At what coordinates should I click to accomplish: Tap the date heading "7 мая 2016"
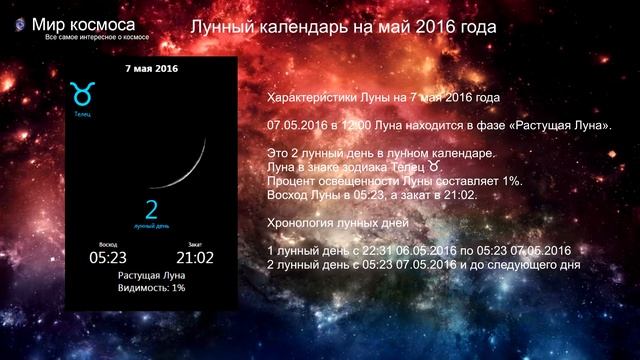(x=152, y=69)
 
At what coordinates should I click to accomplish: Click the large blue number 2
(x=152, y=210)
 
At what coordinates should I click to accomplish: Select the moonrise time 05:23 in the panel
(x=106, y=257)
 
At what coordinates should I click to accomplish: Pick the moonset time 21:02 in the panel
(x=194, y=257)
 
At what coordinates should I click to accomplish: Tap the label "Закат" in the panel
(x=194, y=244)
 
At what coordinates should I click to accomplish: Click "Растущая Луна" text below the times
(x=150, y=274)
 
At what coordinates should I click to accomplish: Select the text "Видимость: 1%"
(x=150, y=288)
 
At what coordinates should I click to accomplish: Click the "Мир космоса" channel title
(x=84, y=23)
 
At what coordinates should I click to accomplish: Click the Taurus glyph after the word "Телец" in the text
(x=434, y=167)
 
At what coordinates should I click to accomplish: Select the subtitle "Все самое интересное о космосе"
(x=98, y=37)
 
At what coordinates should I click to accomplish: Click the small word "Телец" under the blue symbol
(x=81, y=114)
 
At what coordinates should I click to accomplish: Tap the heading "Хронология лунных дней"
(x=334, y=220)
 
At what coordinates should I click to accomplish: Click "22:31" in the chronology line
(x=389, y=248)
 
